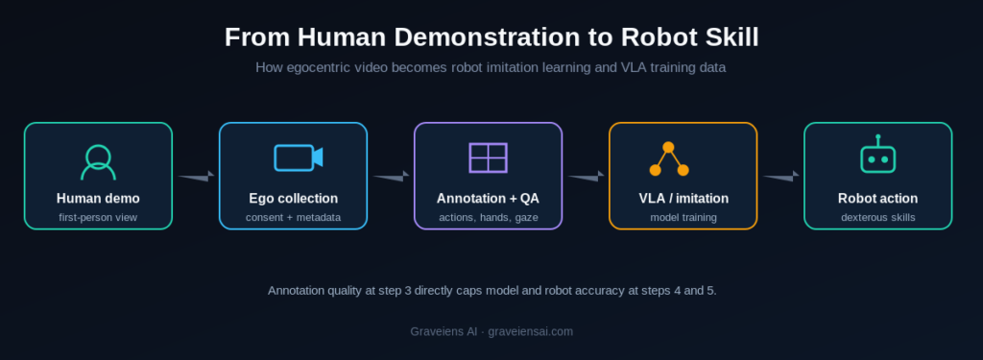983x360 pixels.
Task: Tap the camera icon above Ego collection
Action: pos(299,157)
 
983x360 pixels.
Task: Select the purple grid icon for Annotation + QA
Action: pos(488,157)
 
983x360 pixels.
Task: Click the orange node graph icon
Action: pos(669,158)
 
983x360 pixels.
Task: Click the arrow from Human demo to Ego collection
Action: pos(196,177)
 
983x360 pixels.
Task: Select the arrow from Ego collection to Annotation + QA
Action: pos(391,177)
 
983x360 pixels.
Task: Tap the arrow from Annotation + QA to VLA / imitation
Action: pos(586,177)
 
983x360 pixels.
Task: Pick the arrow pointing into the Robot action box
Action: pos(780,177)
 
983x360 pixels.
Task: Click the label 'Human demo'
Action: pos(98,199)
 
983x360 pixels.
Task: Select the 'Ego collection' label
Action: pos(294,199)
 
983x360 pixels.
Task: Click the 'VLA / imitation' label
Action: pos(683,199)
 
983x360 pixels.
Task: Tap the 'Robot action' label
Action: pos(877,199)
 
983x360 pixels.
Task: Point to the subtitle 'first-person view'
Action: pos(98,218)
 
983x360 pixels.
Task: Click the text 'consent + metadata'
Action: pos(294,218)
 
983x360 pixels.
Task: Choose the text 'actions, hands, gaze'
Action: pos(489,218)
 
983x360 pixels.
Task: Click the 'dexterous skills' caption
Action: pos(877,218)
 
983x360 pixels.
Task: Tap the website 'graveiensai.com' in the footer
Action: pos(530,332)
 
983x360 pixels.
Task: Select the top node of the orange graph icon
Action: pos(668,148)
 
